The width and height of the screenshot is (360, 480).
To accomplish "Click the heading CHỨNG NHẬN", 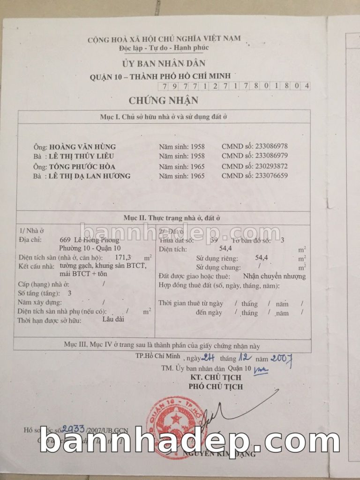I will pos(164,100).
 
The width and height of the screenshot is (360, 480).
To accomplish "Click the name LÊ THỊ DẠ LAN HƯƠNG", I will pos(90,176).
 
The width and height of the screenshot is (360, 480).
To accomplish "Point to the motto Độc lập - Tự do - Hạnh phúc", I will pos(164,48).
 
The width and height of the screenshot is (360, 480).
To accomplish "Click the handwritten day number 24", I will pos(208,358).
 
